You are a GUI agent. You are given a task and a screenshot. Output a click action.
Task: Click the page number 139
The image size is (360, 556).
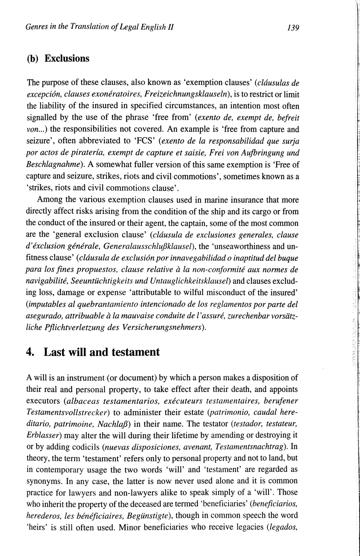[x=293, y=28]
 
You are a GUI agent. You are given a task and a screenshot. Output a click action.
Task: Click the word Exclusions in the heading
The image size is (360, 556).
[x=67, y=58]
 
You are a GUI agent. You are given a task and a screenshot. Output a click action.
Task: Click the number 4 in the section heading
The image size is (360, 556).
[x=29, y=352]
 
